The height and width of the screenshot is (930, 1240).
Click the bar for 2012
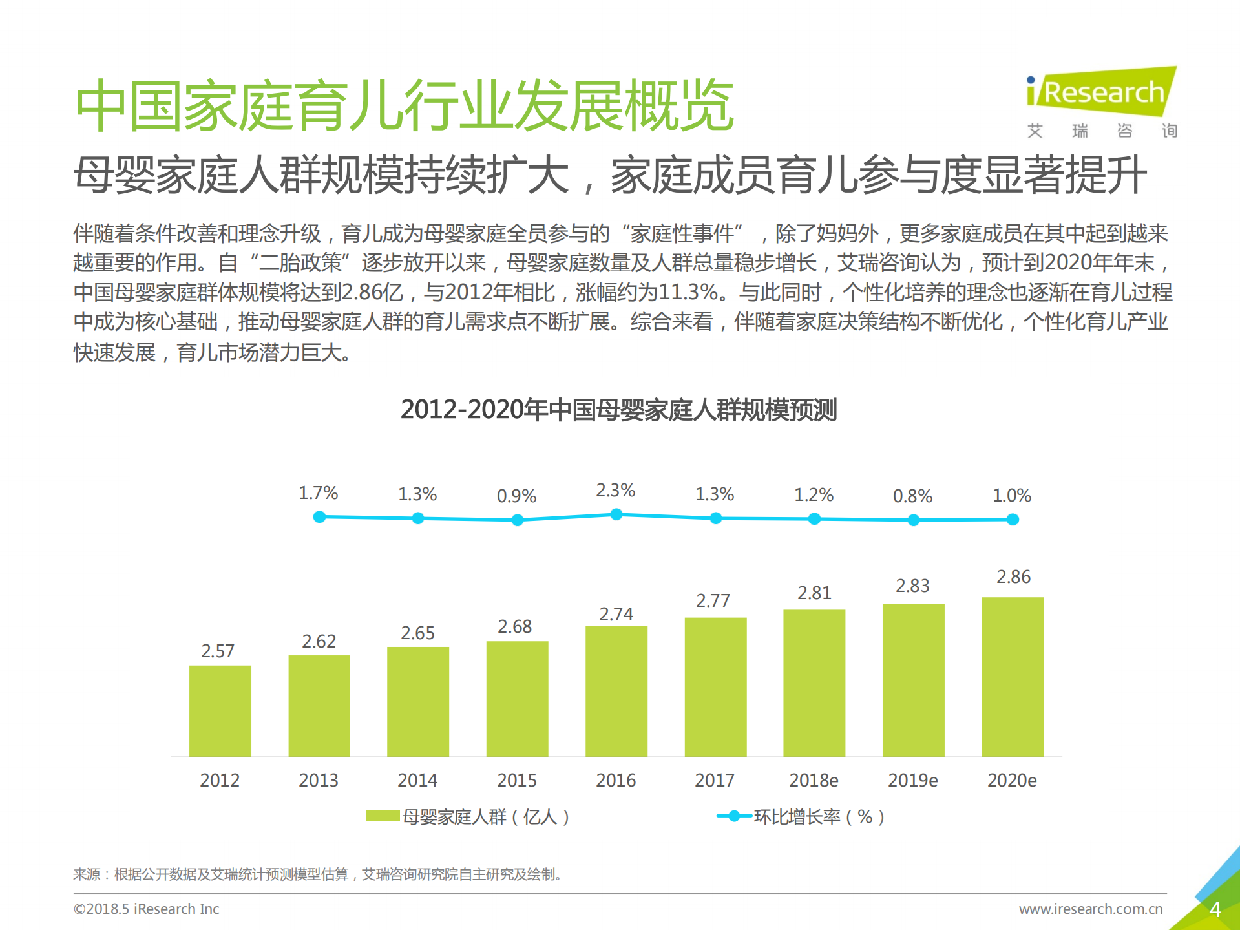220,711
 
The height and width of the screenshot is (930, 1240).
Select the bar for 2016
616,692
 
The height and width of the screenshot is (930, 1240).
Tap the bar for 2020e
1012,677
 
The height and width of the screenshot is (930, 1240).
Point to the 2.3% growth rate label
615,491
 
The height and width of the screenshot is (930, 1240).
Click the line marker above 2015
517,520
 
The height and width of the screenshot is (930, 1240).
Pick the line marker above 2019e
913,520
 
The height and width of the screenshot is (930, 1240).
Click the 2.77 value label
713,600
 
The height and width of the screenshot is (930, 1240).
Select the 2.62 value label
319,641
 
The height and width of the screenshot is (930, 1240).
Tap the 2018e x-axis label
814,780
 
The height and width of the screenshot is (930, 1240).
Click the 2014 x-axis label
417,780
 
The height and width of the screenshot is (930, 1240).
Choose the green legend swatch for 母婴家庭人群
383,816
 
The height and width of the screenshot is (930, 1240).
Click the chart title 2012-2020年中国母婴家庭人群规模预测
618,410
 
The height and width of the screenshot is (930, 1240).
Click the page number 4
1214,909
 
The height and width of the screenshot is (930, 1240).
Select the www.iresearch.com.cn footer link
1090,909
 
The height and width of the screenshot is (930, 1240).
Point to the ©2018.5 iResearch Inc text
147,909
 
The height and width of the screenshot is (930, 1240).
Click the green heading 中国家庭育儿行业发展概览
405,105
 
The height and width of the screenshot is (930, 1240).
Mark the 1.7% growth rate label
318,493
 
